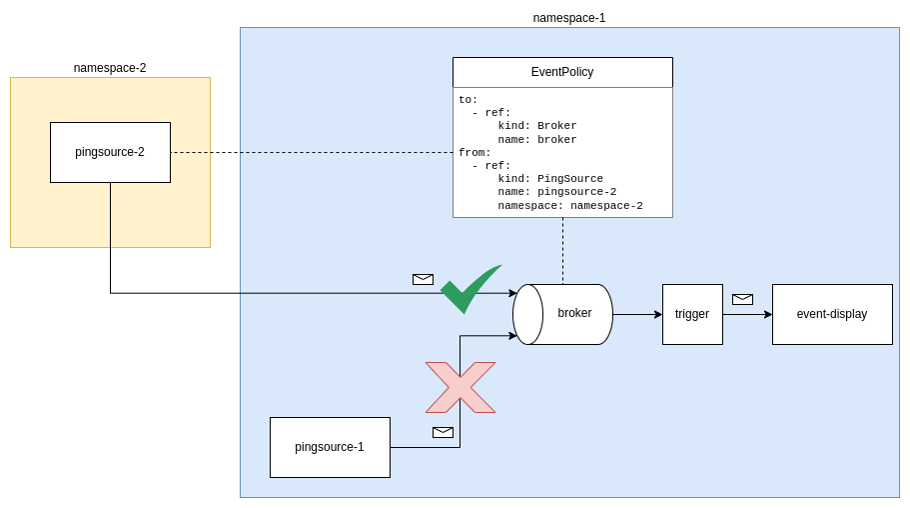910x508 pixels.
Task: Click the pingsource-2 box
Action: click(110, 152)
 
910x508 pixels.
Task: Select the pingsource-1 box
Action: click(330, 447)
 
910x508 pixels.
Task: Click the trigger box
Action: click(692, 314)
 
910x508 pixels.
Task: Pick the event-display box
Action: click(832, 314)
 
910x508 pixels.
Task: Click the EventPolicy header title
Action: click(562, 72)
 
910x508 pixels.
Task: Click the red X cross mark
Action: click(460, 387)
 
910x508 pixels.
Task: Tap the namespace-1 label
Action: click(569, 18)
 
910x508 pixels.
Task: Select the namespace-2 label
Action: click(110, 68)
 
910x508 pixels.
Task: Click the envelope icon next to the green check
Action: click(423, 279)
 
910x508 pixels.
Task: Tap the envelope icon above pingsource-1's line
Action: click(443, 432)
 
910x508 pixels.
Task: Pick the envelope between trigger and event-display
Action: click(742, 299)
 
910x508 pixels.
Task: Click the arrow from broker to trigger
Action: click(636, 314)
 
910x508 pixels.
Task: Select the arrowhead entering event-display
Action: click(767, 314)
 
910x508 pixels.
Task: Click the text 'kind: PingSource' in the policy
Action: click(550, 179)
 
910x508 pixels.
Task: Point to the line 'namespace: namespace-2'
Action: click(569, 205)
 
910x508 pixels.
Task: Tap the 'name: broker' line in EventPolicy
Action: click(537, 140)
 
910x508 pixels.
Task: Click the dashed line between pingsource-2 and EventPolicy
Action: click(310, 152)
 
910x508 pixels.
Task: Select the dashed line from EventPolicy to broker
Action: click(562, 250)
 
